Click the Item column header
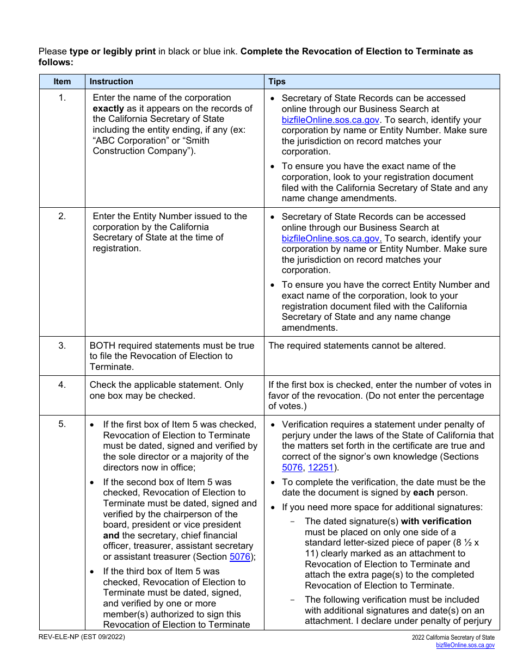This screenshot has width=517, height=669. point(62,82)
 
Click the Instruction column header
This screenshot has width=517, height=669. point(111,82)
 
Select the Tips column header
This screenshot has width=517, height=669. point(276,82)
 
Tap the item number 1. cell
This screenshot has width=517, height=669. point(62,98)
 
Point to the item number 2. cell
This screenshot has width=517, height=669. point(62,216)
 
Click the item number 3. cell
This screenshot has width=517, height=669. point(62,345)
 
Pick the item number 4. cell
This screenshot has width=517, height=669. point(62,385)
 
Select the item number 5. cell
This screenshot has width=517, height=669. point(62,424)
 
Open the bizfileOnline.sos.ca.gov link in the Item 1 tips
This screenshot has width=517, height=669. point(331,120)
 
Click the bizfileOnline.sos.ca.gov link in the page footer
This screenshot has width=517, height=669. point(465,645)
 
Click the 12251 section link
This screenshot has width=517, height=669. point(320,468)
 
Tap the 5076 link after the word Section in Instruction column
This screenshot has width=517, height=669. point(239,556)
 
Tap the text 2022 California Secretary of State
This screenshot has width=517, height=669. point(453,637)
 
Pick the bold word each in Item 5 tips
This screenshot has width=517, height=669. point(423,493)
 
